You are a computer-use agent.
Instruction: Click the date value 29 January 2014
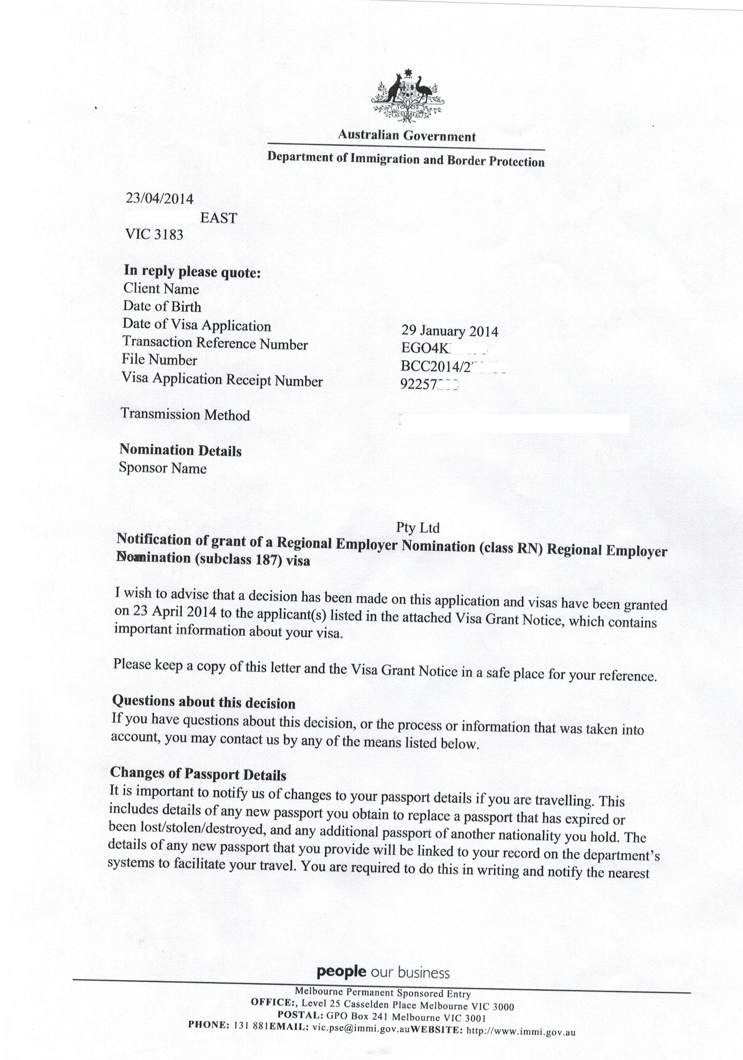point(449,331)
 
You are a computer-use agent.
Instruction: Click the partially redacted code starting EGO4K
point(423,349)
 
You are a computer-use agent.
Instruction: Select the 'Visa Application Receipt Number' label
point(222,380)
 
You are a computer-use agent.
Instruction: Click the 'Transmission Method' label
point(185,415)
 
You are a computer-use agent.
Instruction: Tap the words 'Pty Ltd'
point(417,527)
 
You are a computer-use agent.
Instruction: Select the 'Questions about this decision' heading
point(204,702)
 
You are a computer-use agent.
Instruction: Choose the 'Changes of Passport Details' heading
point(198,774)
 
